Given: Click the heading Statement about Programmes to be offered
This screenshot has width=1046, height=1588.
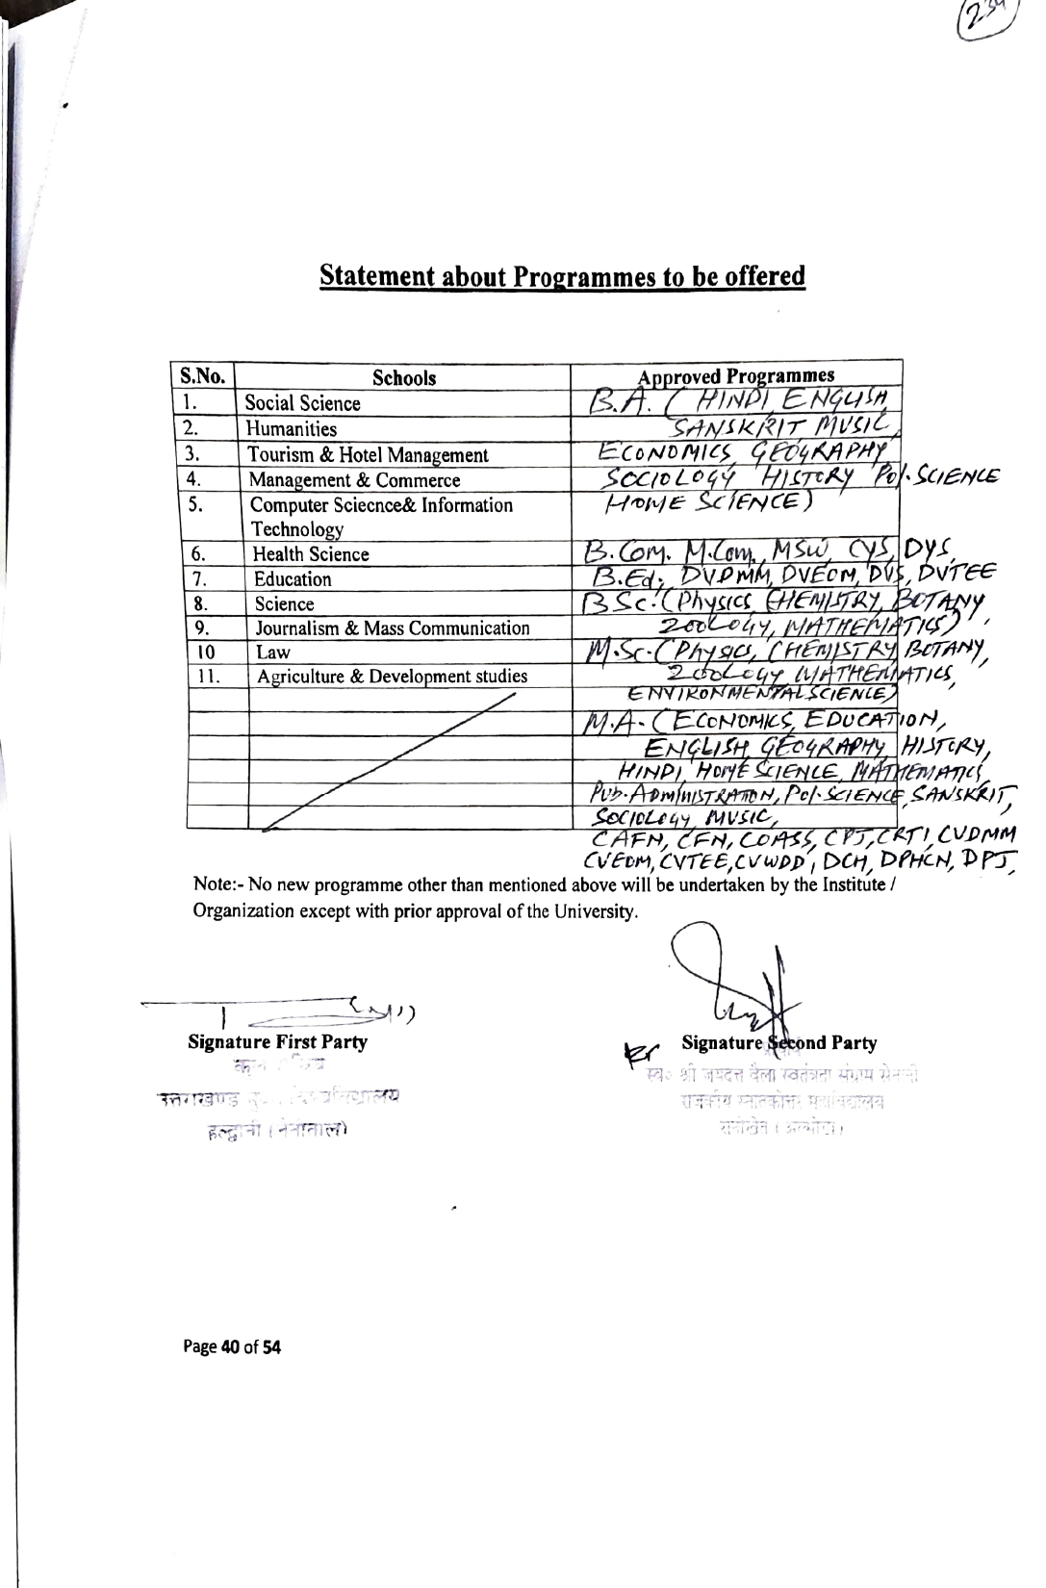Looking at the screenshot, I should [563, 277].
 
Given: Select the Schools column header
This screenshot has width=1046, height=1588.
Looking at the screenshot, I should [404, 378].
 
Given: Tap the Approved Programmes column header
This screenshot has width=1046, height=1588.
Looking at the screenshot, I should [737, 375].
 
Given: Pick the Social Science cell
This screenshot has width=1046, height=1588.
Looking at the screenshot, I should [302, 404].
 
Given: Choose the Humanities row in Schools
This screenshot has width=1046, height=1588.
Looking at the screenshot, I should [292, 429].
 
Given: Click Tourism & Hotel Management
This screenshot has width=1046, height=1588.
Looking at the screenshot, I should [368, 455].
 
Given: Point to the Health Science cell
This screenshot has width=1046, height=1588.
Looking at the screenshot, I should [311, 554].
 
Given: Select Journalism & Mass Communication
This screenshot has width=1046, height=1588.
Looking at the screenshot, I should [392, 628].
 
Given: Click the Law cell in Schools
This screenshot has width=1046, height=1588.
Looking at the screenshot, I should [273, 653].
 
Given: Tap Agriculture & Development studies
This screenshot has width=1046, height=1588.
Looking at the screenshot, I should [392, 677].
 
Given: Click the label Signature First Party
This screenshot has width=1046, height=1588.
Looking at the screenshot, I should [278, 1041].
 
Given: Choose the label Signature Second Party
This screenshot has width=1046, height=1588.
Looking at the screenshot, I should [778, 1043].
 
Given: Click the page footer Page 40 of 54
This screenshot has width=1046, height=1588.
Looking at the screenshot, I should [232, 1346].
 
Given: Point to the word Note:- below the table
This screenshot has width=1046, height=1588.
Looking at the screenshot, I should [215, 884].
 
